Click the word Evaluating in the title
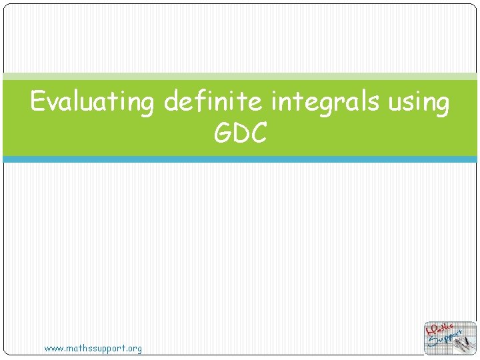pyautogui.click(x=93, y=103)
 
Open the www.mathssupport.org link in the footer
pyautogui.click(x=93, y=349)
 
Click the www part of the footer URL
pyautogui.click(x=53, y=349)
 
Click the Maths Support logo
pyautogui.click(x=450, y=338)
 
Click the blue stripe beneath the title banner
pyautogui.click(x=240, y=159)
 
